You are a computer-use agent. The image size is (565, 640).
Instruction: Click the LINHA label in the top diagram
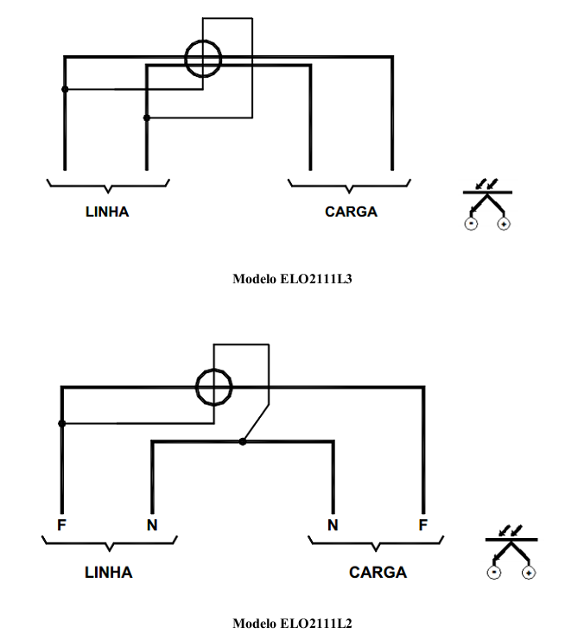[107, 212]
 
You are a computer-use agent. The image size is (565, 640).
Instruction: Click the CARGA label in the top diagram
[351, 212]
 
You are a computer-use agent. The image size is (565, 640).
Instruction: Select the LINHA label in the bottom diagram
[109, 573]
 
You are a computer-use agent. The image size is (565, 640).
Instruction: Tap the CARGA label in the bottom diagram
[378, 573]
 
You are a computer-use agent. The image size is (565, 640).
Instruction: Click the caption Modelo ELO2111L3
[292, 279]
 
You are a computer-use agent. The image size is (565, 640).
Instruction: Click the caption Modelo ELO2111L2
[292, 624]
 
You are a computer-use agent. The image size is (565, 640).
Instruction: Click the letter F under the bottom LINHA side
[61, 525]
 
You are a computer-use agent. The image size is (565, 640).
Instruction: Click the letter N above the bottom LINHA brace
[152, 525]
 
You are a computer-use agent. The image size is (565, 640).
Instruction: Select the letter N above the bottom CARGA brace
[333, 525]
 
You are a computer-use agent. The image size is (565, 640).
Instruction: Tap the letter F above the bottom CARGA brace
[423, 525]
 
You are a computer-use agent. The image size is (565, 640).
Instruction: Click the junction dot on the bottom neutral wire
[243, 441]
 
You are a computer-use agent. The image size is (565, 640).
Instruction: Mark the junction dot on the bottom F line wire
[62, 424]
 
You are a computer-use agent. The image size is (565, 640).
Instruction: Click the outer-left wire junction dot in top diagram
[65, 89]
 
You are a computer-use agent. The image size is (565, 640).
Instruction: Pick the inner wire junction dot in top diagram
[147, 118]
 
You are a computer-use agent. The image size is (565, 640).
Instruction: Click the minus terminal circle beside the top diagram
[471, 224]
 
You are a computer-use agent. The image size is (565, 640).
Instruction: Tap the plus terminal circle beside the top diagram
[504, 224]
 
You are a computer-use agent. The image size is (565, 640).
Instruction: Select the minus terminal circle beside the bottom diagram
[494, 573]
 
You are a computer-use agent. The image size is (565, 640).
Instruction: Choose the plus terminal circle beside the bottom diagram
[529, 573]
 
